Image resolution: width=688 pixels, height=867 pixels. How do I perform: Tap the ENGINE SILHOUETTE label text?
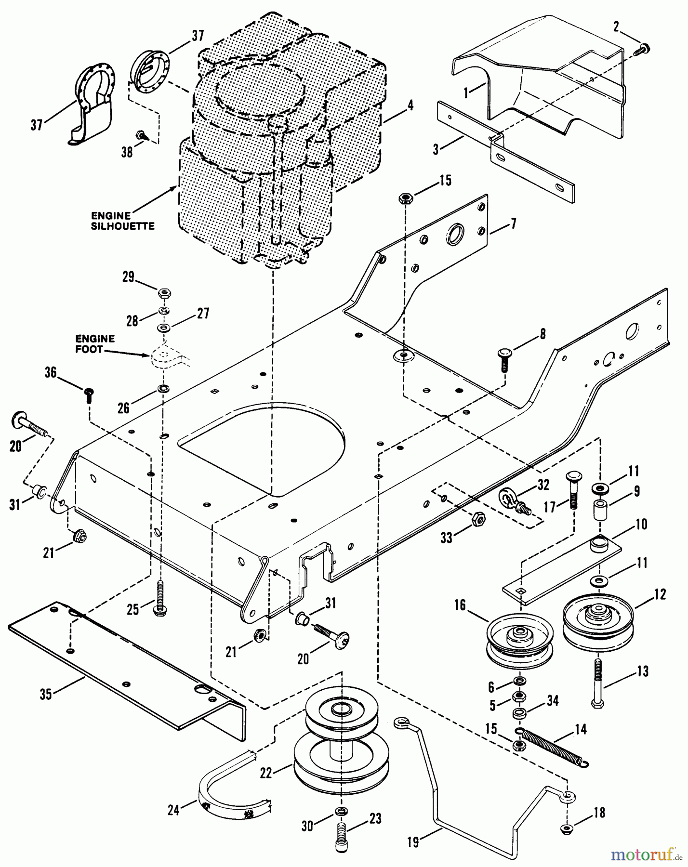coord(122,221)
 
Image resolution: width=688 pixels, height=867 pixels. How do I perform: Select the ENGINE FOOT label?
coord(95,344)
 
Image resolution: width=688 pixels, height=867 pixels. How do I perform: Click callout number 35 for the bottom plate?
coord(46,695)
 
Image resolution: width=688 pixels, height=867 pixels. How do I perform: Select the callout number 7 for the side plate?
coord(514,224)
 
